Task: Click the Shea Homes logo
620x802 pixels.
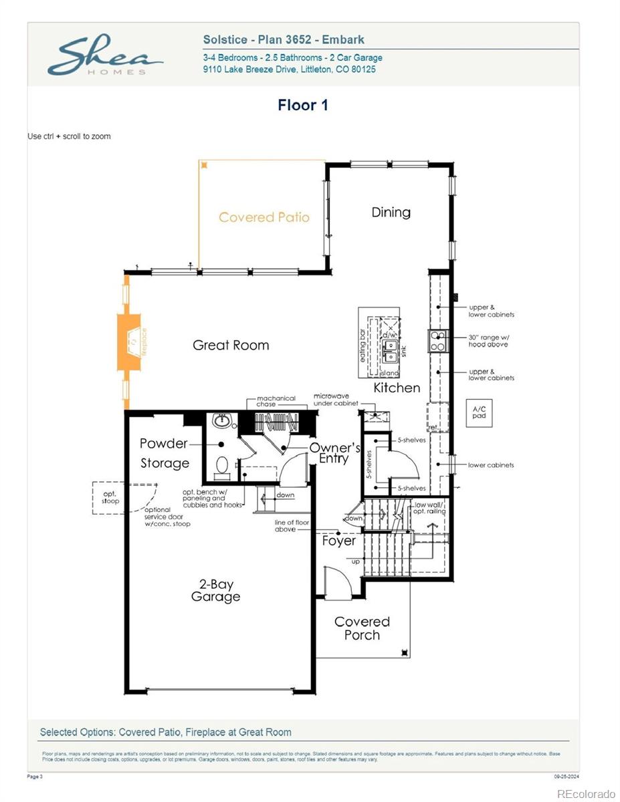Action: point(105,56)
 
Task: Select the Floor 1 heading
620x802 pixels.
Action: point(303,105)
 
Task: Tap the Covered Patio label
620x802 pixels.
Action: point(264,217)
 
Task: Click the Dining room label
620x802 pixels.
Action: point(391,213)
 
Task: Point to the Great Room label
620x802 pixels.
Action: point(231,346)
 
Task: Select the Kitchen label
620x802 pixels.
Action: point(397,388)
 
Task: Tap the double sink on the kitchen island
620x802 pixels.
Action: point(390,346)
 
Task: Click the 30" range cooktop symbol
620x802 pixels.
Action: point(437,341)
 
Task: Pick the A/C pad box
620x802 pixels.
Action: point(480,412)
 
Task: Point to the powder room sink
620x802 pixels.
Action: point(221,422)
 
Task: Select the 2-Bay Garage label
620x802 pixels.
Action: point(215,591)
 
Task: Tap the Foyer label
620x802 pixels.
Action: point(338,541)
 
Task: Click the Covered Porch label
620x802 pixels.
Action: point(362,628)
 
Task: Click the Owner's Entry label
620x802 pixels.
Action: point(334,453)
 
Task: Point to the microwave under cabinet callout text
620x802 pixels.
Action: point(336,400)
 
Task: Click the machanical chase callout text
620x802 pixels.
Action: point(276,402)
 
